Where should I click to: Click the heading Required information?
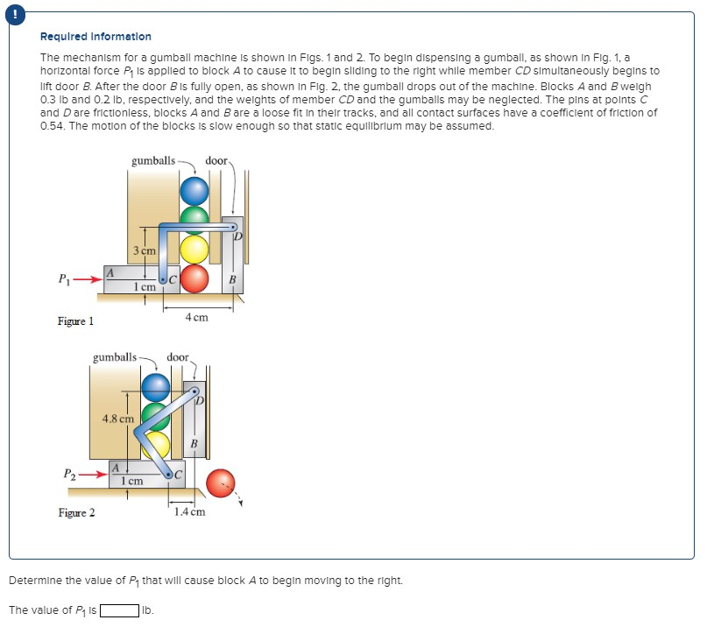(x=95, y=37)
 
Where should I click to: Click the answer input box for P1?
(x=119, y=610)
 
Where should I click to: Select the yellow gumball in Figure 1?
(x=194, y=249)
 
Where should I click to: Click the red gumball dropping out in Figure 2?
(x=220, y=481)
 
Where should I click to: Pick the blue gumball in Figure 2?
(x=156, y=385)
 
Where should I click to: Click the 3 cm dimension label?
(x=145, y=251)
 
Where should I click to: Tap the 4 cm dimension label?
(x=197, y=318)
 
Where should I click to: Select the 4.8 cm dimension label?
(x=118, y=419)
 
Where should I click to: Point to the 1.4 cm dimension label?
(x=190, y=511)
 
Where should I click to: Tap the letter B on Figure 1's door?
(x=232, y=279)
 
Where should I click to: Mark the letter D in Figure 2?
(x=199, y=401)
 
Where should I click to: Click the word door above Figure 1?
(x=216, y=161)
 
